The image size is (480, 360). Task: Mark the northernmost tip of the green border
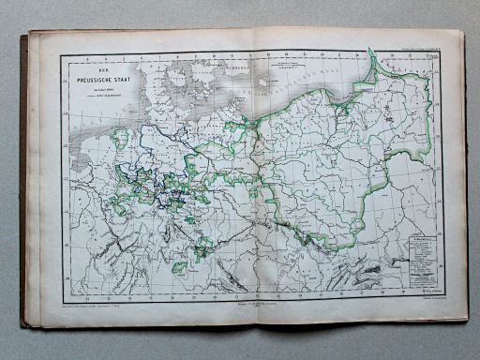coord(372,53)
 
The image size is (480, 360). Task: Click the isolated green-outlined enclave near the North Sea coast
coord(120,141)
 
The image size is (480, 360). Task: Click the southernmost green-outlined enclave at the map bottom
coord(179,267)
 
